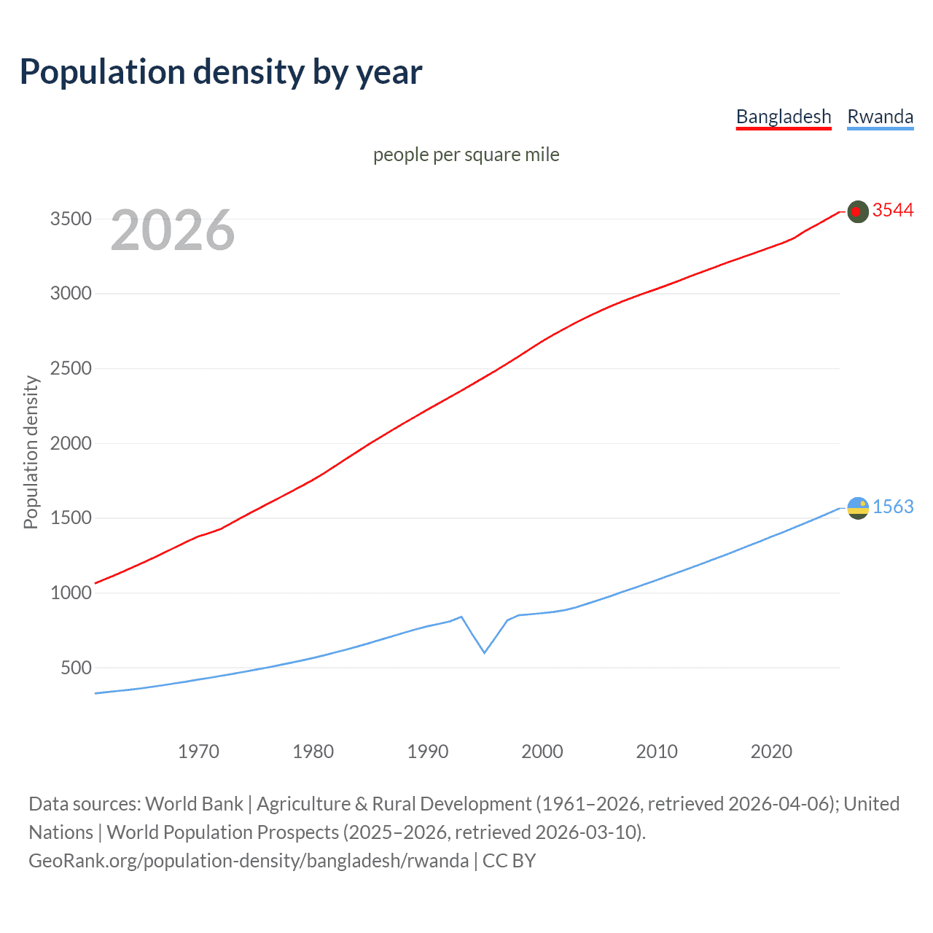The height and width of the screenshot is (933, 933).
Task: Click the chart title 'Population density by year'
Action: coord(221,72)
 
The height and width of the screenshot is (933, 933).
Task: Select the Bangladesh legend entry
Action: coord(784,117)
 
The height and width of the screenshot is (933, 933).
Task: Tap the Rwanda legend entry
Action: coord(880,117)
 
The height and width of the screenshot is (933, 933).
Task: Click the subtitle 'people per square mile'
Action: coord(466,155)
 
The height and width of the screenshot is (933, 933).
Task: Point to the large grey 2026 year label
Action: coord(173,230)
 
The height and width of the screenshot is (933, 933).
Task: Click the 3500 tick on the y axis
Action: coord(71,219)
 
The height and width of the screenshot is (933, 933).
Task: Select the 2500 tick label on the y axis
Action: coord(71,368)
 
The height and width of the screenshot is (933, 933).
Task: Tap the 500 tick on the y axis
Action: coord(76,668)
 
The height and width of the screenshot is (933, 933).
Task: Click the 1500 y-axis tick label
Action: coord(71,518)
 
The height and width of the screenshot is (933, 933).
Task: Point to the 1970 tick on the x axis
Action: coord(198,752)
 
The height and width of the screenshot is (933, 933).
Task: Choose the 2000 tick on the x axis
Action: coord(542,752)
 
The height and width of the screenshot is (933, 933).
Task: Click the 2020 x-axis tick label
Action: coord(771,752)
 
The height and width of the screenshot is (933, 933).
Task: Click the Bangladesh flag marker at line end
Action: coord(858,211)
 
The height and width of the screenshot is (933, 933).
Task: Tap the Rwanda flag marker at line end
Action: coord(858,508)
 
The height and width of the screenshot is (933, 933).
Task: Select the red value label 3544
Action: coord(893,211)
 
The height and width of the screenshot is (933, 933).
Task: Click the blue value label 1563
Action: coord(893,507)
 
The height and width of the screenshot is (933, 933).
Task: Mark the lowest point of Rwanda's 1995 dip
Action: coord(485,652)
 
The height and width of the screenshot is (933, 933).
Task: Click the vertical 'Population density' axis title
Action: coord(31,452)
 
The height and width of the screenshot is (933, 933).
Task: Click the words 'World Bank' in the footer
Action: coord(194,804)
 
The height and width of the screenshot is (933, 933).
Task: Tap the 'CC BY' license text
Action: coord(509,861)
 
